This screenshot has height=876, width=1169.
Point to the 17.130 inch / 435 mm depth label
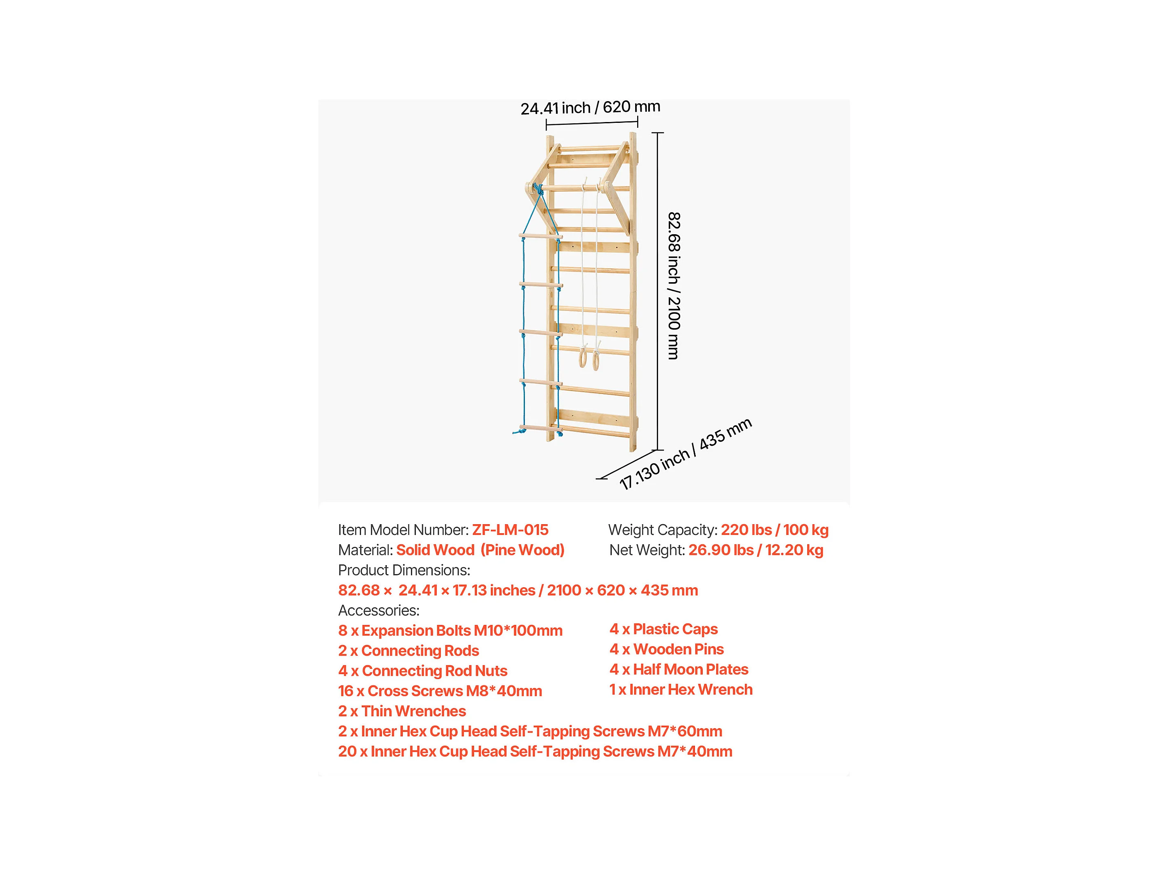click(686, 454)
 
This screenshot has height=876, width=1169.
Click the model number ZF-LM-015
click(510, 530)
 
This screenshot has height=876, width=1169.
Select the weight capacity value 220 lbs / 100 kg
click(774, 530)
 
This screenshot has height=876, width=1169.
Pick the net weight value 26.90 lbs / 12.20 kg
click(755, 550)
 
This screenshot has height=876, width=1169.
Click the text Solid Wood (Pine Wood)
click(480, 550)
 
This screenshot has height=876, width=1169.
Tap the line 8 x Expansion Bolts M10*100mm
click(450, 630)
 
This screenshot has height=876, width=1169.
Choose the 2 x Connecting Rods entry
click(409, 650)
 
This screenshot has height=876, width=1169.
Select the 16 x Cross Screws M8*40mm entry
click(440, 690)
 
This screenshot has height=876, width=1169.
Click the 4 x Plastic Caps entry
click(663, 629)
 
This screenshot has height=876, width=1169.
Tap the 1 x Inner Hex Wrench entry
click(681, 690)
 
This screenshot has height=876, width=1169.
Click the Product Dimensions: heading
click(404, 570)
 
